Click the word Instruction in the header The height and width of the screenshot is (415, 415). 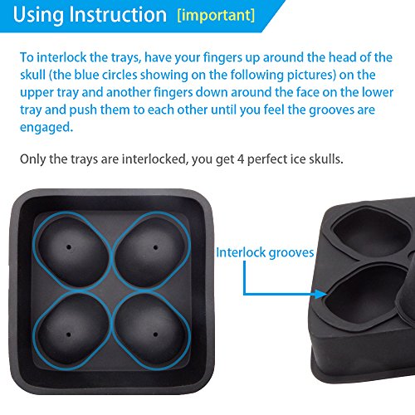[118, 14]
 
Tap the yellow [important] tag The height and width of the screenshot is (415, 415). [216, 15]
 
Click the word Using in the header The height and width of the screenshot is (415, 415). [38, 16]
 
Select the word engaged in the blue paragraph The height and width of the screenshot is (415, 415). [46, 128]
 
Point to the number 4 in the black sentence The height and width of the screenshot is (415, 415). [241, 159]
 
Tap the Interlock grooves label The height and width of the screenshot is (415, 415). [265, 252]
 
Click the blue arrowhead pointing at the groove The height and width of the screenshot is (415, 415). [321, 294]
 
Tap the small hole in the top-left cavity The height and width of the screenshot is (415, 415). [69, 247]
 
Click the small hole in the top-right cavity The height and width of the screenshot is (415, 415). [155, 247]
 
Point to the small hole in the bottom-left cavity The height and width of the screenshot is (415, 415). [69, 334]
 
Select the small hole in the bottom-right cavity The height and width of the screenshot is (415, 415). [155, 334]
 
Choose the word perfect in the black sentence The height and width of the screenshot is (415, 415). [267, 159]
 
